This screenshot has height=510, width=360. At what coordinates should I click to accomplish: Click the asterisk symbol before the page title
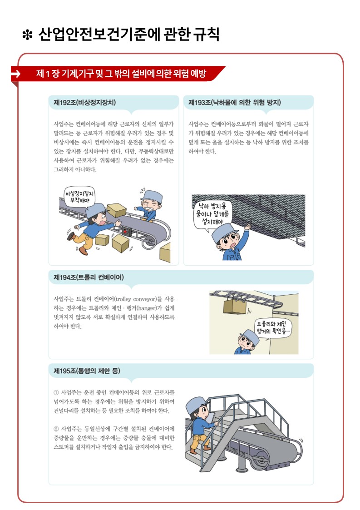click(27, 35)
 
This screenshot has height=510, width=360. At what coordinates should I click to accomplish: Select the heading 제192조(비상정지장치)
click(84, 103)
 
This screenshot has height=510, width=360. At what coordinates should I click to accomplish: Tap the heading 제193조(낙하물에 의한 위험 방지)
click(234, 103)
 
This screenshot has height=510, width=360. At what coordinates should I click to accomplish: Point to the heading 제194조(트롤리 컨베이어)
click(89, 277)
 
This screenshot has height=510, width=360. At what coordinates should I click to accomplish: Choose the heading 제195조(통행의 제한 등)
click(87, 371)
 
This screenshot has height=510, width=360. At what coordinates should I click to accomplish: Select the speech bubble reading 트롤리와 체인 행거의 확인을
click(272, 328)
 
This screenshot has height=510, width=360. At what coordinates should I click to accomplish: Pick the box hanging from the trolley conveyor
click(234, 306)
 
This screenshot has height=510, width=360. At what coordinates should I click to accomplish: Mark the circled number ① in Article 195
click(56, 392)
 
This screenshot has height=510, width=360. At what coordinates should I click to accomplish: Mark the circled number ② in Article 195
click(56, 429)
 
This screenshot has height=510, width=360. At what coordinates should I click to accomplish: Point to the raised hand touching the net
click(248, 226)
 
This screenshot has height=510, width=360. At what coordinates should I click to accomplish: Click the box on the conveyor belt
click(116, 210)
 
